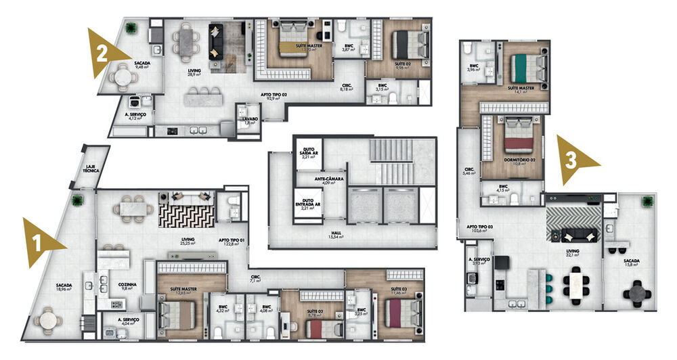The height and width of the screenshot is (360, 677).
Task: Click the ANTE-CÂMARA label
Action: point(330,181)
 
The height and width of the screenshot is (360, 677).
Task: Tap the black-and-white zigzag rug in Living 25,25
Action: point(186,216)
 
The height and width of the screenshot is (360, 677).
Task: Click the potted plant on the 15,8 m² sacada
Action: point(648,202)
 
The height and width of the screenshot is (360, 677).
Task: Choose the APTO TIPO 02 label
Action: point(274,97)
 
